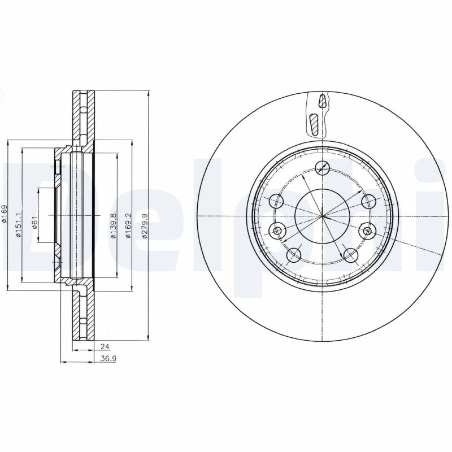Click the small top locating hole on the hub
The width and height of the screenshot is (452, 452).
[323, 166]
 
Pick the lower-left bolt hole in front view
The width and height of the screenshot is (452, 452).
[294, 255]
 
